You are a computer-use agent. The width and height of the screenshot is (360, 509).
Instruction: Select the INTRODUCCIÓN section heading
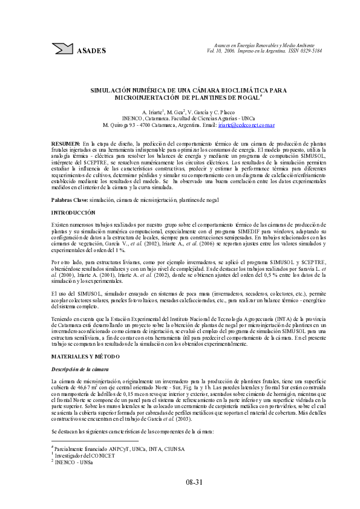(73, 213)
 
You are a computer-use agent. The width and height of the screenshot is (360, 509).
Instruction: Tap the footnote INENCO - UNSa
(73, 461)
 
